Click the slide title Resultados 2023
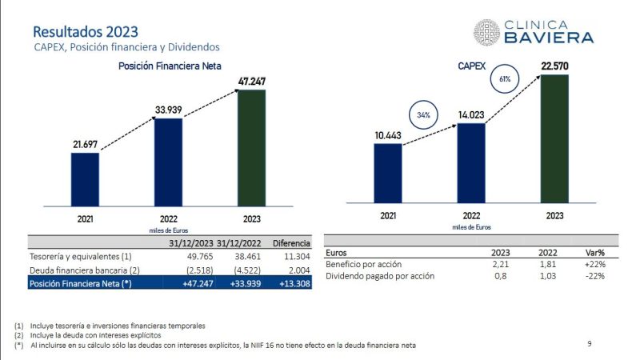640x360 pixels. (85, 31)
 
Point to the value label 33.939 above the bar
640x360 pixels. (168, 110)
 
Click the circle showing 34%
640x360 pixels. (423, 115)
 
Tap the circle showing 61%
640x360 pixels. (505, 79)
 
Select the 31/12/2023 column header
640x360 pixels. (191, 243)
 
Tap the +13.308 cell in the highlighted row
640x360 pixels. (293, 284)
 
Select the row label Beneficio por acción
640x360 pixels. (364, 263)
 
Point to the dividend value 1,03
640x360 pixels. (547, 276)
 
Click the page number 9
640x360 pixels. (590, 344)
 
